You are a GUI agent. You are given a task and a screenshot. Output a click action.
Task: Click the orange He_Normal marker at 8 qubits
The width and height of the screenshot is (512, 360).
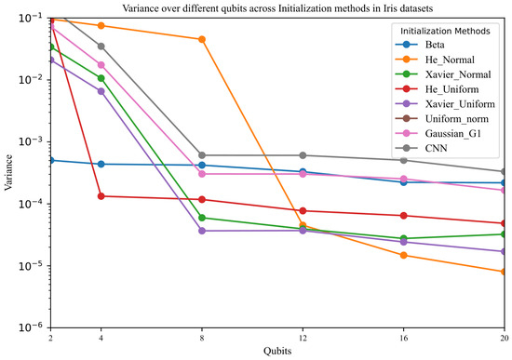(202, 39)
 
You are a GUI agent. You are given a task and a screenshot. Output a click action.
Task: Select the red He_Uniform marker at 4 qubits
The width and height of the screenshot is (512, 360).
(101, 196)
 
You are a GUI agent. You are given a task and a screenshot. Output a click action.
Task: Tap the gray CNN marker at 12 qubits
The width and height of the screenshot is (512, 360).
(303, 155)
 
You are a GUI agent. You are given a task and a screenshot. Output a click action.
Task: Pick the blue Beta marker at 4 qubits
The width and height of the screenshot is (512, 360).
(101, 164)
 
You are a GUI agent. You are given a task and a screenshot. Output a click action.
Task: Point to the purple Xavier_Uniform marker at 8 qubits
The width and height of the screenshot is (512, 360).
(202, 231)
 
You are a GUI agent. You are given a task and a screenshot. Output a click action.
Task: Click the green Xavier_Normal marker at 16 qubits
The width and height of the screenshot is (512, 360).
(404, 238)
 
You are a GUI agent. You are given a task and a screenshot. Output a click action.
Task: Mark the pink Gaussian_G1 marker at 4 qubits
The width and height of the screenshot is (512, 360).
(101, 65)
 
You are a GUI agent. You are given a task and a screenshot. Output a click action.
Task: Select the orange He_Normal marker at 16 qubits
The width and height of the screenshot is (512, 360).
(404, 255)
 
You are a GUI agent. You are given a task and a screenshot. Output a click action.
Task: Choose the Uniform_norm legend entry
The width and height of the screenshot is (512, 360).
(442, 119)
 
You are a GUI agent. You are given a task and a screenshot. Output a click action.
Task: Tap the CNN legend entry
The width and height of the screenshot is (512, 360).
(421, 148)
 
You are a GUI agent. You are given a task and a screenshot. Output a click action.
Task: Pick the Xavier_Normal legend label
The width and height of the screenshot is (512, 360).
(458, 74)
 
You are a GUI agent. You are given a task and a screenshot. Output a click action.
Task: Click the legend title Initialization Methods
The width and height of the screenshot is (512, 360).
(445, 31)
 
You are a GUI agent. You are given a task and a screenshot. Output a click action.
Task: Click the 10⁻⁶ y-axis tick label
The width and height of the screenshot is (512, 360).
(30, 327)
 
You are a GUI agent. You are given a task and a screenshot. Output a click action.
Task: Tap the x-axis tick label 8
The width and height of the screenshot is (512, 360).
(202, 338)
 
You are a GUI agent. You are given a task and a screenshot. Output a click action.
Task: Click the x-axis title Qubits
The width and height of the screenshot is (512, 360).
(277, 352)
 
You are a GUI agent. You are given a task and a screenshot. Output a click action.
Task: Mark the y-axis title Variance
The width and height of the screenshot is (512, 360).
(8, 172)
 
